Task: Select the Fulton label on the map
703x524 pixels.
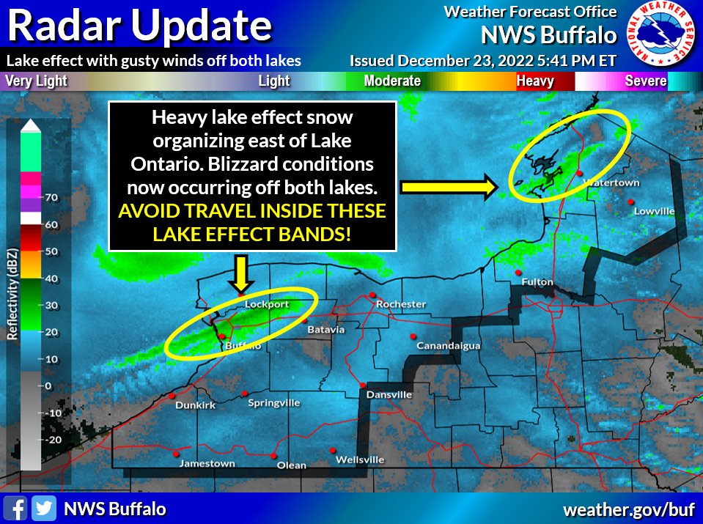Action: click(x=537, y=282)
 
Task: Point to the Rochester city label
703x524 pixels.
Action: click(x=400, y=303)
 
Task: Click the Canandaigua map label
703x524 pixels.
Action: click(x=448, y=345)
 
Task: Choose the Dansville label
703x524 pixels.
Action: click(x=389, y=394)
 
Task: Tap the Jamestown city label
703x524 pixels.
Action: click(x=208, y=463)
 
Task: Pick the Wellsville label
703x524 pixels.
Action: click(x=359, y=460)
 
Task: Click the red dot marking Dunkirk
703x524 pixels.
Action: click(x=172, y=396)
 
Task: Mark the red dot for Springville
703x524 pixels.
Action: click(x=245, y=394)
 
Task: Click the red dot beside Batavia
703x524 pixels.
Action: click(x=303, y=320)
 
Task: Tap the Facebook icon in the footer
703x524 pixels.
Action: click(x=15, y=509)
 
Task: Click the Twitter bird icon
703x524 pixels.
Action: click(x=44, y=509)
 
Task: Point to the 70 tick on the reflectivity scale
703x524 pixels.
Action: click(x=52, y=197)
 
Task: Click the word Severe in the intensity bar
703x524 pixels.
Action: click(x=644, y=81)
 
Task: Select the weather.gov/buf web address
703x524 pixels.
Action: click(x=627, y=509)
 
